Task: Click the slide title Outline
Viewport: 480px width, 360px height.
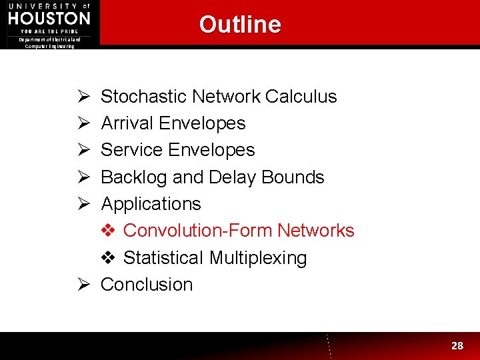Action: coord(240,25)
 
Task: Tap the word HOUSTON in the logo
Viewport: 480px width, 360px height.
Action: coord(49,18)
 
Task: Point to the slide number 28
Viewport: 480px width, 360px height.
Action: coord(457,345)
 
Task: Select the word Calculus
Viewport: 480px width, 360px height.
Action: coord(301,97)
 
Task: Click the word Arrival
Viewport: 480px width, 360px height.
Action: coord(128,123)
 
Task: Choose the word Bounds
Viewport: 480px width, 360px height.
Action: coord(293,177)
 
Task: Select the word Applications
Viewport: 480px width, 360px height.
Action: coord(151,204)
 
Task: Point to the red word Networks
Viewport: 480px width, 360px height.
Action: coord(316,231)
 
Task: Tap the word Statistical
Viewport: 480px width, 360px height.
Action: coord(163,258)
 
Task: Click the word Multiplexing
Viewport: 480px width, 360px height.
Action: coord(258,258)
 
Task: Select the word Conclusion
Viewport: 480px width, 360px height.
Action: coord(147,285)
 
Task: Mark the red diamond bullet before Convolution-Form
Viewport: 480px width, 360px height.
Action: coord(108,231)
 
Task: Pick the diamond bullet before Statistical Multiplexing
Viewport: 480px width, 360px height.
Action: coord(108,258)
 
